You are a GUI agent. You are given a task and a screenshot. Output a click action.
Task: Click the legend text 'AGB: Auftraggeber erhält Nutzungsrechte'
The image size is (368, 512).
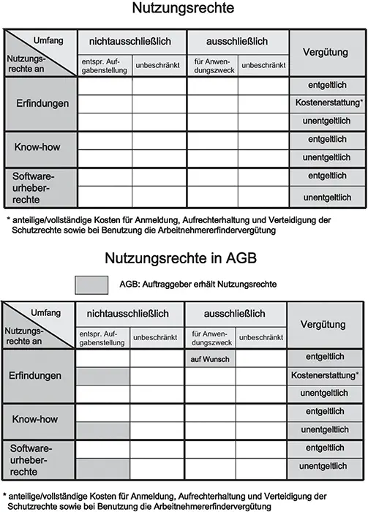coord(197,284)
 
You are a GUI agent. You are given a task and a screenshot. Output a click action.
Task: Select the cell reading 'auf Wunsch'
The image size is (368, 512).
coord(209,359)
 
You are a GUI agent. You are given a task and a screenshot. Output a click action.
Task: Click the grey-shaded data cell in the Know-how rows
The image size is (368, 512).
coord(102,429)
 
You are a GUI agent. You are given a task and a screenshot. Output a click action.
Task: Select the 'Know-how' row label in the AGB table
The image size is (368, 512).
coord(37,420)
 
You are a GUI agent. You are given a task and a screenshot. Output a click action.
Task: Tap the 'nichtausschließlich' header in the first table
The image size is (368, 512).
coord(132,40)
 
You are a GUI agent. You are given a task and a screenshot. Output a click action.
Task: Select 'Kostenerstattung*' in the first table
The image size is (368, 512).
coord(327,103)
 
